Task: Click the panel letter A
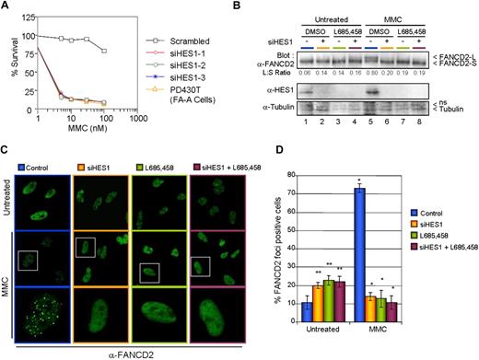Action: (6, 7)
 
